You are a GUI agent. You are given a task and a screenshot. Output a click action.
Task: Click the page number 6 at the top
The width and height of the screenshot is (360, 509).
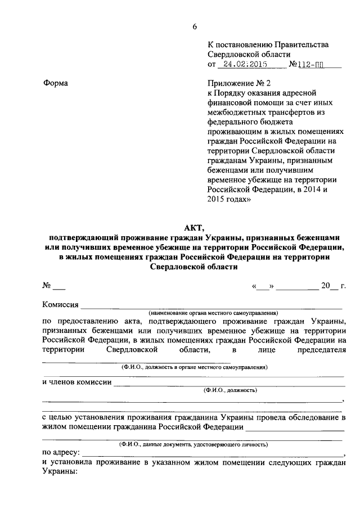click(x=195, y=26)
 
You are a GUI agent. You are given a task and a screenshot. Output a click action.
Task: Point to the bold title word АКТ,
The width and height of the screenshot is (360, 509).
click(x=194, y=227)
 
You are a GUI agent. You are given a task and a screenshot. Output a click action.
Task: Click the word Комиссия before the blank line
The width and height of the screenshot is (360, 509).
click(x=60, y=304)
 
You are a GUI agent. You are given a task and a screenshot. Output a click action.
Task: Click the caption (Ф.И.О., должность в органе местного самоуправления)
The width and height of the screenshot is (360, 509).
click(x=194, y=367)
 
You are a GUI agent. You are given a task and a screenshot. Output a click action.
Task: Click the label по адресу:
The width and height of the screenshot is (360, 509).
click(x=61, y=452)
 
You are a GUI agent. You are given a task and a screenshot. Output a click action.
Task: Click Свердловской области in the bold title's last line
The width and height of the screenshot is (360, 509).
click(x=194, y=267)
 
